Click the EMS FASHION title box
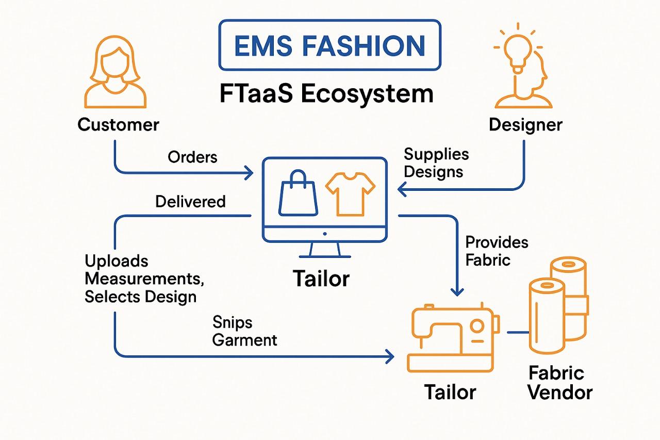point(330,45)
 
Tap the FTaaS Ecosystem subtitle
point(326,94)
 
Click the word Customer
point(118,124)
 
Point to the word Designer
point(525,124)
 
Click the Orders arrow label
point(192,157)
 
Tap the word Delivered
point(190,201)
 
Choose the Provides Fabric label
point(497,250)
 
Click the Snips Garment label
point(244,331)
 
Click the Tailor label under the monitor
point(321,279)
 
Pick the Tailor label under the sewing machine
point(450,392)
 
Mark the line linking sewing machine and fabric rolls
point(516,332)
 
